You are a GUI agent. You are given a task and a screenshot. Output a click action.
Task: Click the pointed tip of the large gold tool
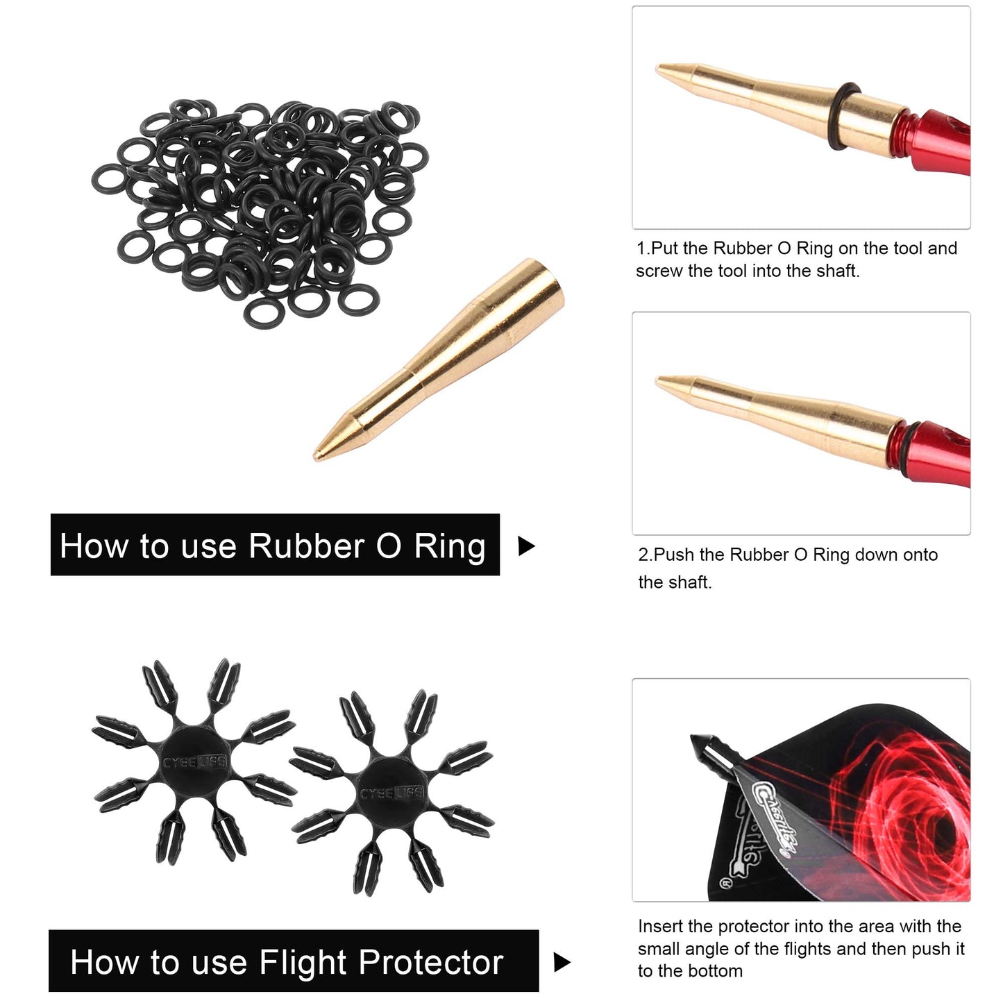point(314,459)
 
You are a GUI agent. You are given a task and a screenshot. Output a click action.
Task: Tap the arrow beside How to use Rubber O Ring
point(527,546)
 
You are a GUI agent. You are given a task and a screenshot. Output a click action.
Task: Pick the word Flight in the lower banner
point(303,963)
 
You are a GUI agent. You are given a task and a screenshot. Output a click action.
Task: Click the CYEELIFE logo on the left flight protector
point(194,763)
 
